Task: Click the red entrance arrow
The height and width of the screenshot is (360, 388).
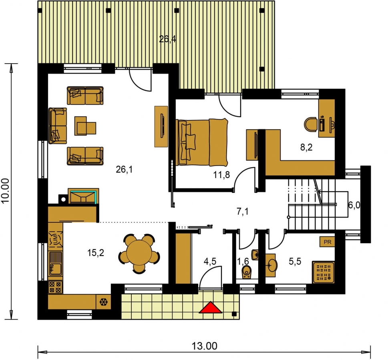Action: [210, 307]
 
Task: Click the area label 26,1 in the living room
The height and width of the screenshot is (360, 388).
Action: [124, 170]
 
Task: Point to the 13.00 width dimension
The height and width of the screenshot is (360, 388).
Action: [204, 346]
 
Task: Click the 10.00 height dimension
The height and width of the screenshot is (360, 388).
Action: [6, 190]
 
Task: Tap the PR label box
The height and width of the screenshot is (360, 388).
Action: [328, 242]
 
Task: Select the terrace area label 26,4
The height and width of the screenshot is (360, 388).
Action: [167, 39]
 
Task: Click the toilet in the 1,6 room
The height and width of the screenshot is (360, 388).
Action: [246, 272]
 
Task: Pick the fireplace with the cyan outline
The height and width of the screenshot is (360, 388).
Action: [83, 196]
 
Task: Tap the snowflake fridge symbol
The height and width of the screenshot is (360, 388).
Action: [103, 302]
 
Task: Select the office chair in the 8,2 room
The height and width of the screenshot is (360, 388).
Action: [311, 124]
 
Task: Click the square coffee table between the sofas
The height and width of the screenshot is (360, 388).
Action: [85, 126]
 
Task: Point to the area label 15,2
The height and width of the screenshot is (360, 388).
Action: [96, 253]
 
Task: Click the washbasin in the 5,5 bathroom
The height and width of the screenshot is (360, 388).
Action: [270, 265]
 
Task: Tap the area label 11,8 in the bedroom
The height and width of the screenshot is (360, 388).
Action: [221, 175]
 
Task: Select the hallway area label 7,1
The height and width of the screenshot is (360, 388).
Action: [243, 212]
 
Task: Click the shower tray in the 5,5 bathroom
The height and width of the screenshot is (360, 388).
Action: [324, 272]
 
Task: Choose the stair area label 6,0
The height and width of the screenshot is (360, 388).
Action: [354, 205]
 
